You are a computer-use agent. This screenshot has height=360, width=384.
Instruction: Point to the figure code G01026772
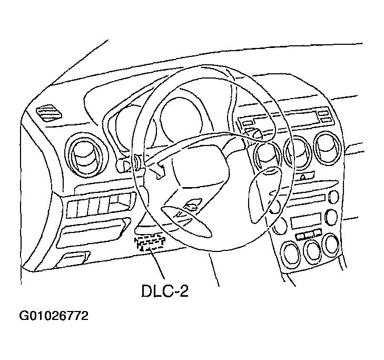point(53,316)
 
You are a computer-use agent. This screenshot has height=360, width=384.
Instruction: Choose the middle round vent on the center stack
point(298,150)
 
